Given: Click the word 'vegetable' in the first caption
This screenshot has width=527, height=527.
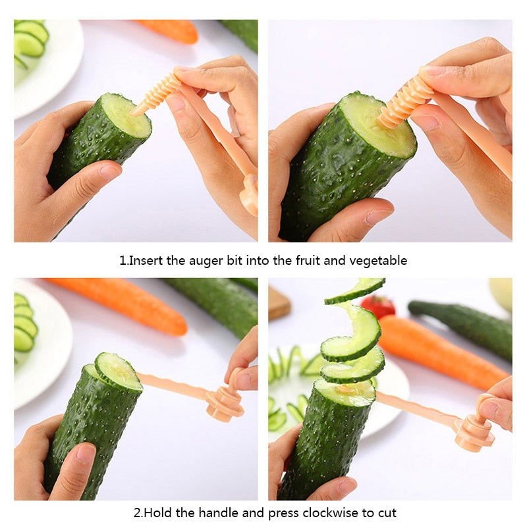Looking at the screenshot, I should pyautogui.click(x=377, y=261).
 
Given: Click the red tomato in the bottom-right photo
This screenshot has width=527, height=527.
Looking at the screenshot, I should pyautogui.click(x=377, y=306).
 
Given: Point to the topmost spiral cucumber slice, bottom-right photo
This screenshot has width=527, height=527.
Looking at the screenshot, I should pyautogui.click(x=356, y=289).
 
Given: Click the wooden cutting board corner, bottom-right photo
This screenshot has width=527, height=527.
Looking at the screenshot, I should pyautogui.click(x=278, y=301).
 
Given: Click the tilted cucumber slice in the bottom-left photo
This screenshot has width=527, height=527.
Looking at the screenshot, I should pyautogui.click(x=118, y=371).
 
